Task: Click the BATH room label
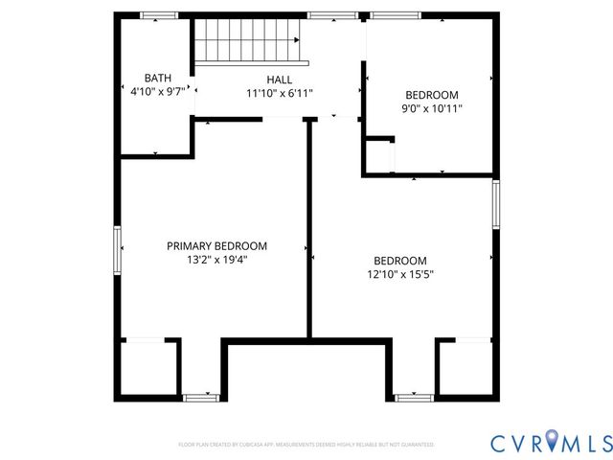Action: click(157, 78)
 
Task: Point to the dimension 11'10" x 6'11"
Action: click(280, 94)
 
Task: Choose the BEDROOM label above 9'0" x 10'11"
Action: click(431, 94)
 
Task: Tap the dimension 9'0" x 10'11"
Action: click(431, 109)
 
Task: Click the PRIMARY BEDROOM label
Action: click(216, 245)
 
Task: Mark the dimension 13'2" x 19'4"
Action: click(216, 261)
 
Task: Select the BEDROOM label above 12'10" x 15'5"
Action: click(399, 261)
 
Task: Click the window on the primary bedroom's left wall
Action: click(117, 251)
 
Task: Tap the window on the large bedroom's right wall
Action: click(495, 204)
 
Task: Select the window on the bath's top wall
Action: click(159, 15)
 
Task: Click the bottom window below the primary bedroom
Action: click(202, 397)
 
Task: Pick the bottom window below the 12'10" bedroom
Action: click(413, 397)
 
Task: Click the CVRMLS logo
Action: click(550, 443)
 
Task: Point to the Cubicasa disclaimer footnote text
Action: click(306, 445)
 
